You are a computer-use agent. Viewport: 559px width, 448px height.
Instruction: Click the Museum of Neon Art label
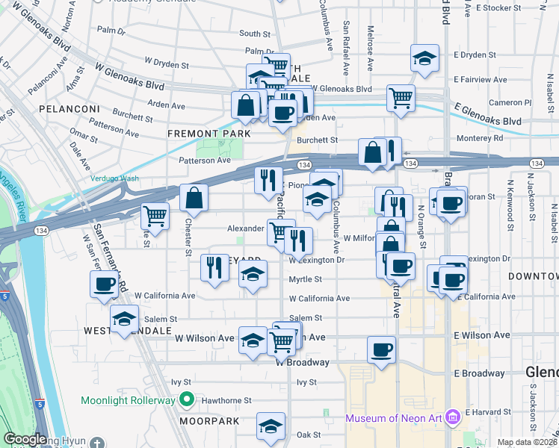click(394, 416)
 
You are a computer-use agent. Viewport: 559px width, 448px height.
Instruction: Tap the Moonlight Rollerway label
click(129, 400)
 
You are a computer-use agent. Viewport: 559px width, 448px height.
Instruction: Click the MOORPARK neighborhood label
click(209, 421)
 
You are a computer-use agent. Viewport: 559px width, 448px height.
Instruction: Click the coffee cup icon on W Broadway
click(381, 350)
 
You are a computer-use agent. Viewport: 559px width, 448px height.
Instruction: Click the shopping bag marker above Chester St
click(194, 199)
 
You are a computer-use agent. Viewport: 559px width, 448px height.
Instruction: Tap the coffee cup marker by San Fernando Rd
click(104, 284)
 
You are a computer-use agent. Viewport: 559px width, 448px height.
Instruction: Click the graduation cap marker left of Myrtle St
click(253, 274)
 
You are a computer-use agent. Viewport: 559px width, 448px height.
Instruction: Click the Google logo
click(24, 440)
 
